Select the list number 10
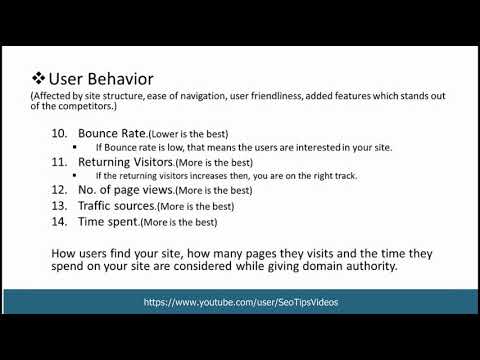(x=59, y=133)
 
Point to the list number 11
(x=59, y=161)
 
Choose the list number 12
(x=59, y=190)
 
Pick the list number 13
(x=59, y=205)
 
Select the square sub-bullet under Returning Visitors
(x=86, y=176)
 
